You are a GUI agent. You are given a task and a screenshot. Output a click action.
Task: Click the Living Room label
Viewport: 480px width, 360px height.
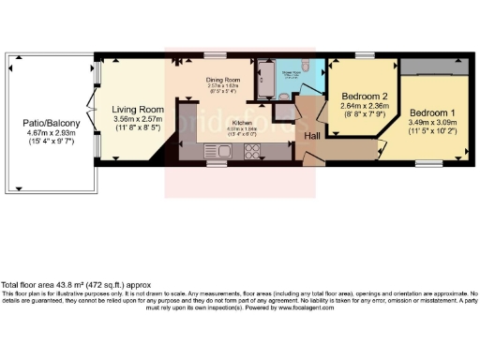click(132, 109)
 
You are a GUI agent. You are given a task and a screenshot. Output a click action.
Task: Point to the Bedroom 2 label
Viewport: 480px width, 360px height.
click(362, 97)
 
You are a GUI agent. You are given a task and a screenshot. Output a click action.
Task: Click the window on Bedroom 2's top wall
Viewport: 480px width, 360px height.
click(362, 56)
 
